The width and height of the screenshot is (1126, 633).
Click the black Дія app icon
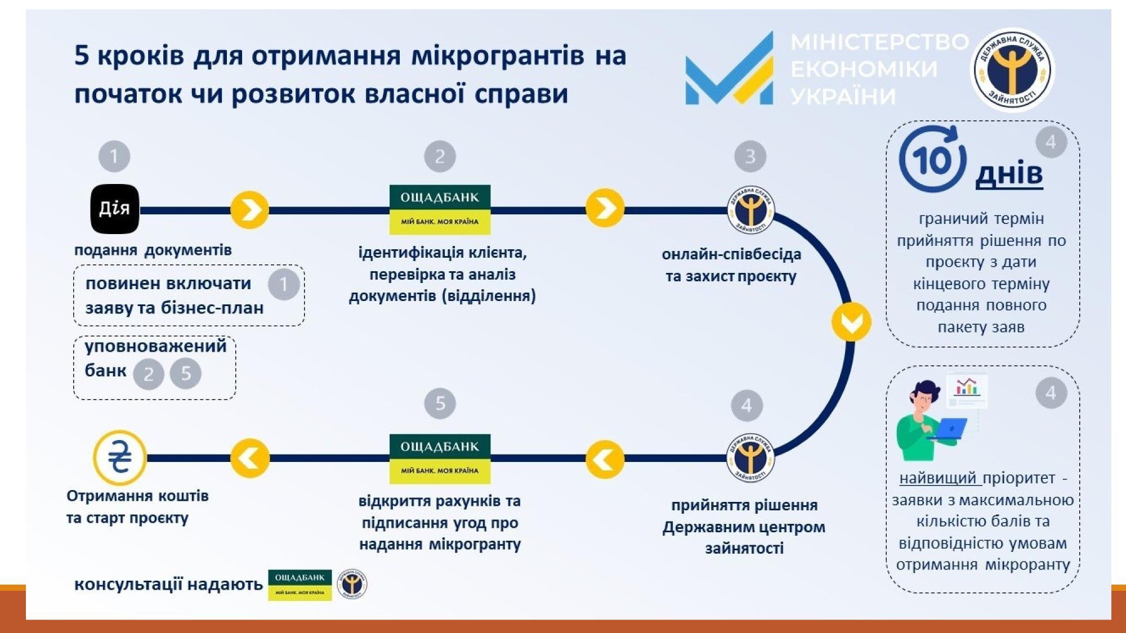[x=115, y=209]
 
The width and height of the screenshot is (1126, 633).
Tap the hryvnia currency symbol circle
[x=119, y=457]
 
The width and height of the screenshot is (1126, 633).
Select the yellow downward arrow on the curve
[x=851, y=322]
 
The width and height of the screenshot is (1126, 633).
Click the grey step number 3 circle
[x=750, y=156]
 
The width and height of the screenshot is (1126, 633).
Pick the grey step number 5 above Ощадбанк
[x=440, y=403]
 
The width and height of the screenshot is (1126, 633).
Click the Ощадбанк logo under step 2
[x=440, y=209]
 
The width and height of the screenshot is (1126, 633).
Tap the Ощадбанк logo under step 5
[x=440, y=459]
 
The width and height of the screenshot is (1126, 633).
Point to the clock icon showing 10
[x=932, y=160]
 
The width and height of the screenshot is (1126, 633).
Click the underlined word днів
[x=1009, y=174]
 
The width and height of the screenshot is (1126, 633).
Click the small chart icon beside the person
[x=967, y=388]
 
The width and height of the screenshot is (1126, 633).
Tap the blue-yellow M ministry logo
[x=729, y=70]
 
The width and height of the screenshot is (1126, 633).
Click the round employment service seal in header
[x=1013, y=70]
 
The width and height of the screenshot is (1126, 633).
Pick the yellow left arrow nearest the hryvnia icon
[x=250, y=459]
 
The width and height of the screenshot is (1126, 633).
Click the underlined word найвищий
[x=940, y=478]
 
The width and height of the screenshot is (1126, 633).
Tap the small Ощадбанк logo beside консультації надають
[x=300, y=585]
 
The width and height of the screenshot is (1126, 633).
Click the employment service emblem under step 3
[x=750, y=210]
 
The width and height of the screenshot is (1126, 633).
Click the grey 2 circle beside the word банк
[x=149, y=374]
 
